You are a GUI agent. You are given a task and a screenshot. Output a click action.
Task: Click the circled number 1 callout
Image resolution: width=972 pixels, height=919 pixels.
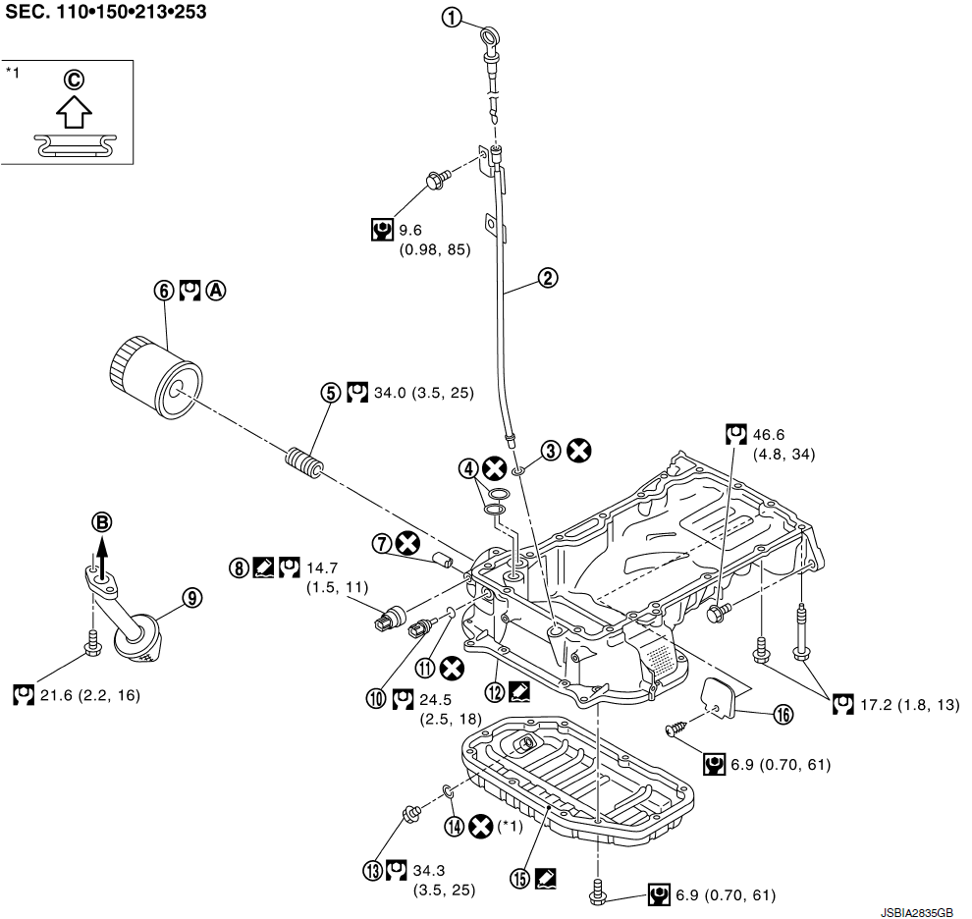(451, 19)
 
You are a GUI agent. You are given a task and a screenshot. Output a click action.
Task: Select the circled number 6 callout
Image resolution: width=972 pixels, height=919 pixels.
(163, 291)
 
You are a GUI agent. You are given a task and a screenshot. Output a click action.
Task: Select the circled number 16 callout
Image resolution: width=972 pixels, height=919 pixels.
(782, 715)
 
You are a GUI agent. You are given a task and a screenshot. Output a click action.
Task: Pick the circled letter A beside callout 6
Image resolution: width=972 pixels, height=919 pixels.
(216, 291)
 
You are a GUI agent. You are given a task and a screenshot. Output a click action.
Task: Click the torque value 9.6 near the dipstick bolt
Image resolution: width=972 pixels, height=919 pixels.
(411, 231)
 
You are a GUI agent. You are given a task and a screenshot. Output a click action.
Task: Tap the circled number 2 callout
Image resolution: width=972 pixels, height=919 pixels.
(548, 277)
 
